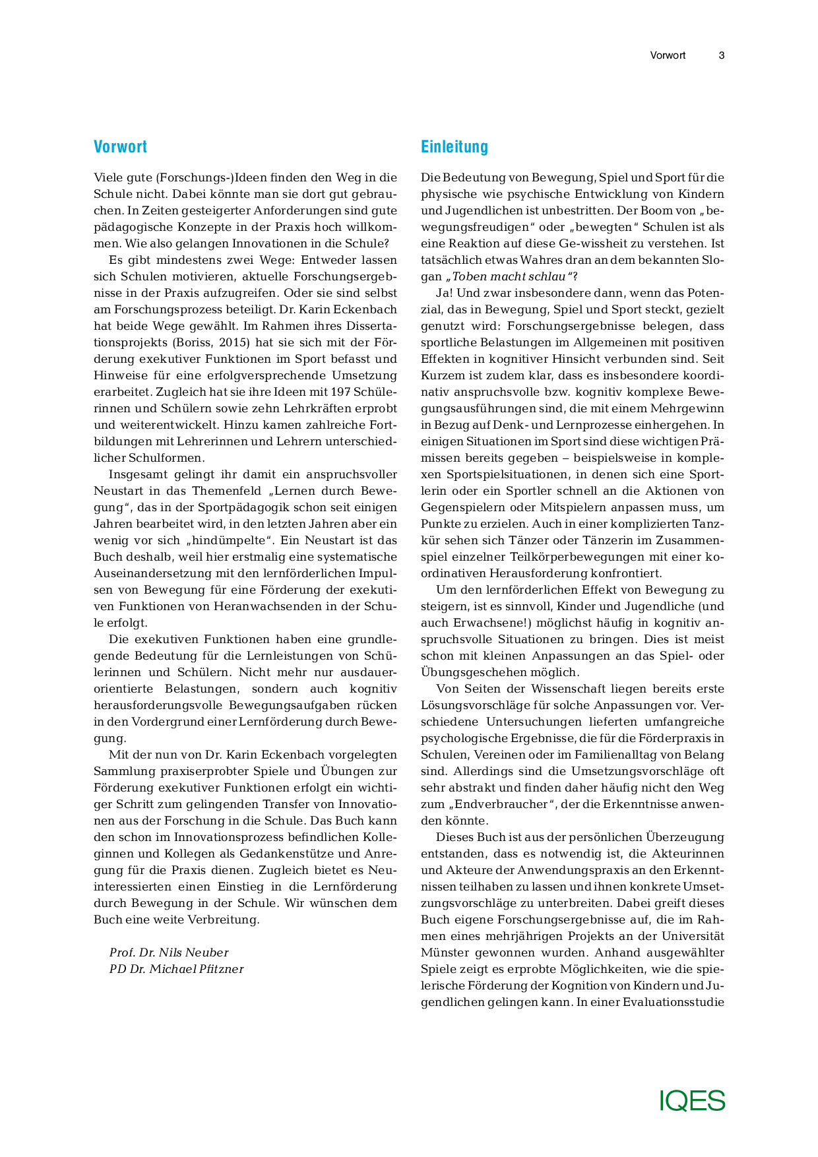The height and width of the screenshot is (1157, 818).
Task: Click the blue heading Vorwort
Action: [x=120, y=146]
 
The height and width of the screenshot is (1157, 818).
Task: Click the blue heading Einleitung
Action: [x=454, y=146]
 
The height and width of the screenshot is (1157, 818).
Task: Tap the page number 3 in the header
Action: [x=722, y=55]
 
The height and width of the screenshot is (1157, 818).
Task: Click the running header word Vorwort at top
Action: [x=668, y=55]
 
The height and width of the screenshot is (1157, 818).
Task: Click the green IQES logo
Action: [x=692, y=1101]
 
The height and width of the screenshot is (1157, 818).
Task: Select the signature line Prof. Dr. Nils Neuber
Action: [x=169, y=953]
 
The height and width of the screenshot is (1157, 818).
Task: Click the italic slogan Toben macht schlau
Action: [x=509, y=276]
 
